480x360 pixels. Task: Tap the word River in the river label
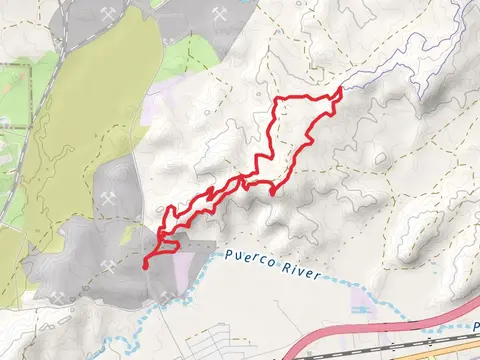click(302, 274)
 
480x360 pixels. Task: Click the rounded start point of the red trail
click(146, 265)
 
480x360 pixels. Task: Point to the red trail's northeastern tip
click(341, 90)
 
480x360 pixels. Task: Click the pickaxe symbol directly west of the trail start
click(108, 265)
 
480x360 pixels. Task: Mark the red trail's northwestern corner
click(278, 100)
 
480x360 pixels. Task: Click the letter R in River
click(290, 271)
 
